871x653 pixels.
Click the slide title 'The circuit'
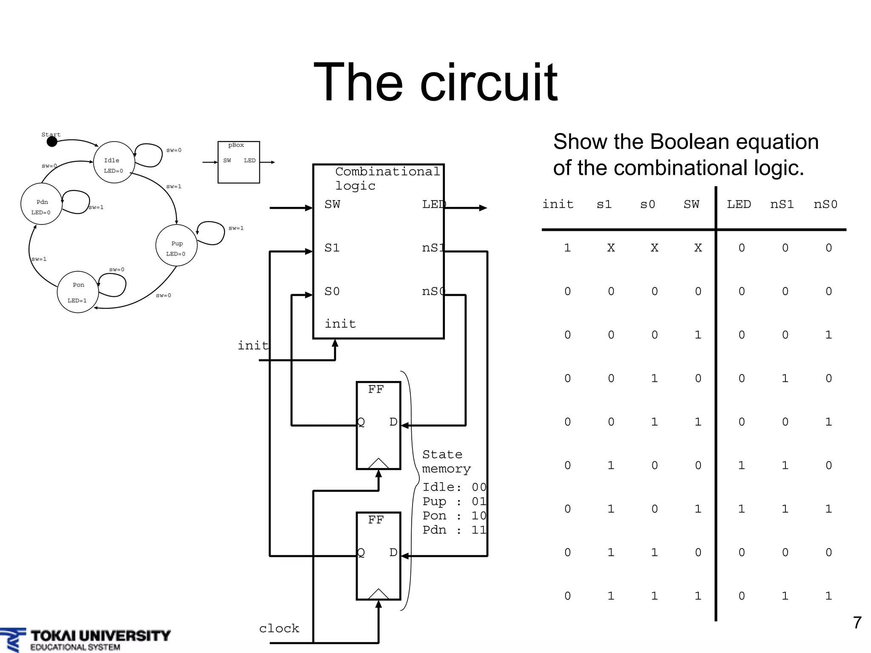point(435,82)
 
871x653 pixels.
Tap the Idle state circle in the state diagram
point(114,162)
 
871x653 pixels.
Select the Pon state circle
point(78,292)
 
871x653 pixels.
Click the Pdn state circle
point(41,204)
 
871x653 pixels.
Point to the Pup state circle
point(176,245)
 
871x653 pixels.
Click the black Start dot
point(52,142)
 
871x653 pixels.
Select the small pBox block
point(239,162)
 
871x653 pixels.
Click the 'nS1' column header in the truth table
point(782,204)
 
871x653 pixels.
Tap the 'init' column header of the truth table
point(558,204)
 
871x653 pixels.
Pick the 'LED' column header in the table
point(739,204)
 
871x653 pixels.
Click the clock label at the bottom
point(279,628)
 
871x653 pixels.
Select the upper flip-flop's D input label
point(393,422)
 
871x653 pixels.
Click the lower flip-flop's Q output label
point(361,552)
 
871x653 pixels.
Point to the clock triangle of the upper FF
point(378,463)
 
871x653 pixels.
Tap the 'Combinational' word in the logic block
point(387,171)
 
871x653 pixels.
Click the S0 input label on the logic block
point(332,292)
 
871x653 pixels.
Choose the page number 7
point(857,623)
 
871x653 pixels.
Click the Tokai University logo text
point(100,636)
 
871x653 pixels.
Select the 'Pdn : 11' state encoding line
point(454,530)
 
